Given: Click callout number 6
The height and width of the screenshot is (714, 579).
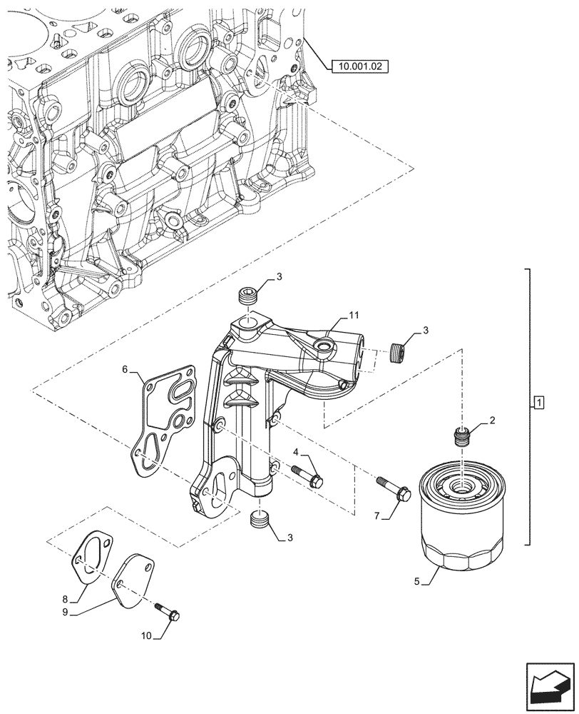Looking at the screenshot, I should point(125,369).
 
